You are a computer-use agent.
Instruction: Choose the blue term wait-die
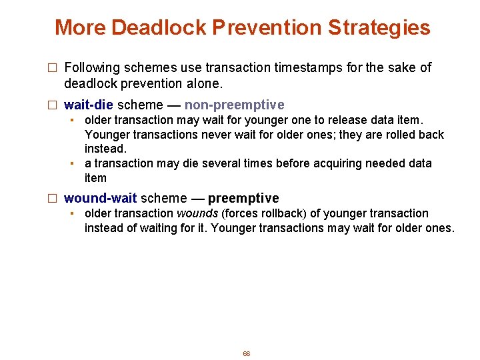(88, 105)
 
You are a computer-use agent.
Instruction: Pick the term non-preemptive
(234, 105)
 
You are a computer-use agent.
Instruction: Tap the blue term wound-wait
(100, 198)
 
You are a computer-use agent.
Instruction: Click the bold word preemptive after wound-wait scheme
(243, 198)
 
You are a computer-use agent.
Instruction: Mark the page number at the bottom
(246, 353)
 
